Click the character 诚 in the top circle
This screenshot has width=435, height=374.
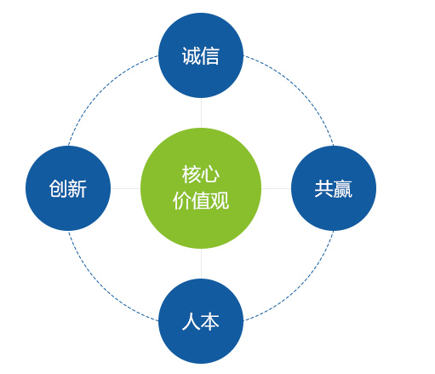click(191, 56)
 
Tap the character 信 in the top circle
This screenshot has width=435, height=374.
click(210, 56)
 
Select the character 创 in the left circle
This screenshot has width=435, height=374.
click(59, 188)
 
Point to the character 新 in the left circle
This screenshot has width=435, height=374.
click(77, 188)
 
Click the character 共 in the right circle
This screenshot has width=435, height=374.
click(323, 188)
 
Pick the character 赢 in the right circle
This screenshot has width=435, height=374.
click(343, 188)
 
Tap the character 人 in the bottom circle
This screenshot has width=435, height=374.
click(191, 321)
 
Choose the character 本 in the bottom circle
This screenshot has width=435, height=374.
click(210, 321)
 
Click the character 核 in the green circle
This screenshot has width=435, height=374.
click(191, 175)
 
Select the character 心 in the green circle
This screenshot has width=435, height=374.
click(210, 175)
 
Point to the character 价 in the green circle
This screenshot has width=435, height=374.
click(182, 200)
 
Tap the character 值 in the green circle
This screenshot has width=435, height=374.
click(201, 200)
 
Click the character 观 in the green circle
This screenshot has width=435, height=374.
click(220, 200)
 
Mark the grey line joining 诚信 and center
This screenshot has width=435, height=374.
click(201, 112)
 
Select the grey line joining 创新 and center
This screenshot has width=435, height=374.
click(125, 188)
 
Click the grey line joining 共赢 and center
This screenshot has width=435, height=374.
click(276, 188)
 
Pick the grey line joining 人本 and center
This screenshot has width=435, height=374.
click(201, 263)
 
